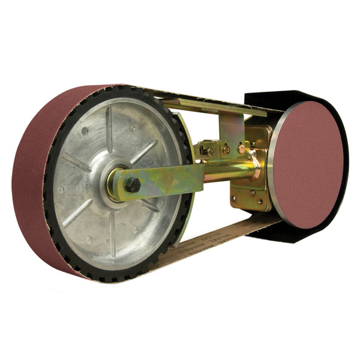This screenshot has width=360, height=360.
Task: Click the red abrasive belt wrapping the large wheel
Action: (x=36, y=186)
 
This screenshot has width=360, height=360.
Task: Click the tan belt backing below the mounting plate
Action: (x=240, y=230)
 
